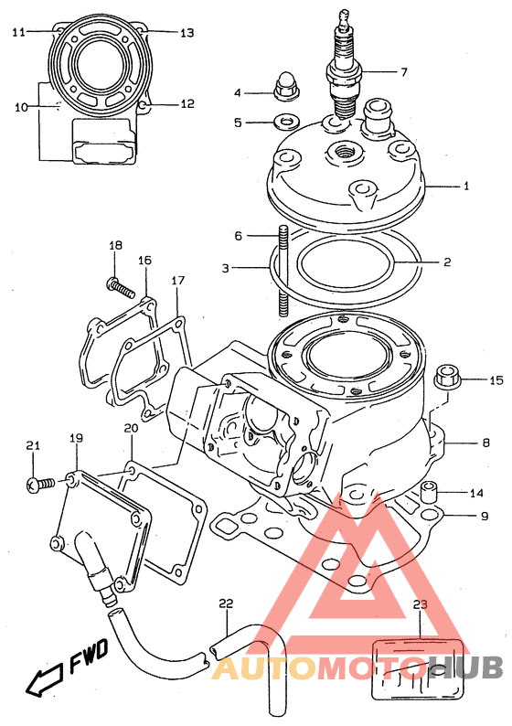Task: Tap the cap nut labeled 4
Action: [x=284, y=86]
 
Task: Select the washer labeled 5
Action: [x=286, y=123]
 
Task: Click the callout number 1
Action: [x=466, y=186]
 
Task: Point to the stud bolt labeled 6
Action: [x=283, y=271]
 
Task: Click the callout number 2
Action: [x=447, y=262]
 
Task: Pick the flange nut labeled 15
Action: [x=447, y=378]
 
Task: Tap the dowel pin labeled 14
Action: [x=429, y=492]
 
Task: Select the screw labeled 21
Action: [x=40, y=485]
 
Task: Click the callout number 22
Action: [x=227, y=603]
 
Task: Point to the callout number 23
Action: [x=421, y=604]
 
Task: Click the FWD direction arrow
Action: [x=44, y=679]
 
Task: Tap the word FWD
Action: [x=89, y=656]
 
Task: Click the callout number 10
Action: [x=21, y=107]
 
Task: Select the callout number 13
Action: [x=187, y=33]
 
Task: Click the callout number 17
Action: [x=177, y=280]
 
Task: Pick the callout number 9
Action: [x=485, y=516]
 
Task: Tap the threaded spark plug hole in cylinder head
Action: [x=343, y=152]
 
